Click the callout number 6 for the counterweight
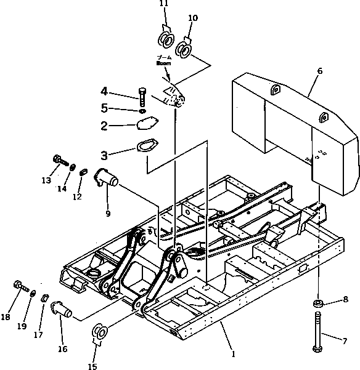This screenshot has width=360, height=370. click(x=319, y=71)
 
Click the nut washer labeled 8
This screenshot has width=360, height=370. click(x=317, y=304)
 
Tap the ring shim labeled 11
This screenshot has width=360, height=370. click(x=166, y=40)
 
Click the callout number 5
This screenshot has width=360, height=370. click(x=105, y=108)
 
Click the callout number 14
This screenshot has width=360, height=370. click(x=62, y=188)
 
